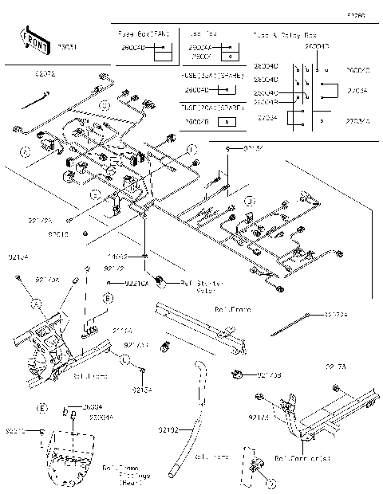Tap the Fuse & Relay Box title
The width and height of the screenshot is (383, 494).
pos(285,36)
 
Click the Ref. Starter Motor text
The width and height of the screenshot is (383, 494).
pos(203,286)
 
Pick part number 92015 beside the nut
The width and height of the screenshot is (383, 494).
pos(57,234)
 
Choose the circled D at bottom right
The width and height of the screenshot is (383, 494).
pos(270,484)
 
